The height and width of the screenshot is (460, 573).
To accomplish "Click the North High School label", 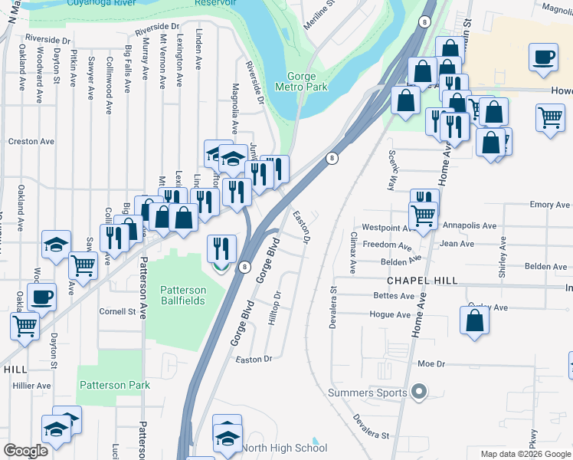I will pyautogui.click(x=284, y=448).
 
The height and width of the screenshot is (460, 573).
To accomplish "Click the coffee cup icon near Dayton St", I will pyautogui.click(x=41, y=297).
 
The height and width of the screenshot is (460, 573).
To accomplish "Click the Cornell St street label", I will pyautogui.click(x=117, y=312).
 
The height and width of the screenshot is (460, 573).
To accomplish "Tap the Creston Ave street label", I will pyautogui.click(x=31, y=142).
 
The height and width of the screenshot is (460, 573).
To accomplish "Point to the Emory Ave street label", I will pyautogui.click(x=550, y=205).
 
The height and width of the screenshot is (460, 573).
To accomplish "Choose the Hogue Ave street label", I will pyautogui.click(x=389, y=314).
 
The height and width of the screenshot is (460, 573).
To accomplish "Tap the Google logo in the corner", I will pyautogui.click(x=25, y=451).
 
